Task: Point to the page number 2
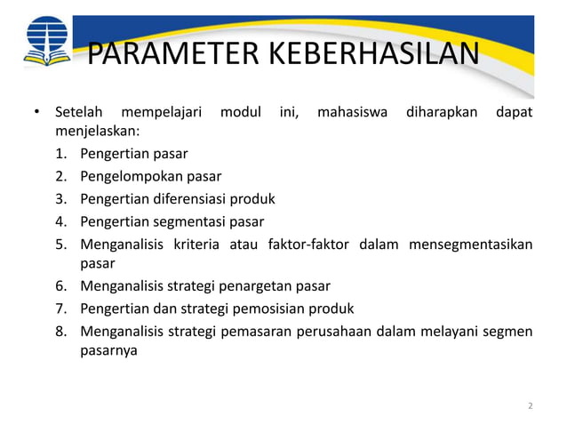point(531,406)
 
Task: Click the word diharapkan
point(442,114)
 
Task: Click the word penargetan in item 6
point(261,286)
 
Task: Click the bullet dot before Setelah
point(36,114)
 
